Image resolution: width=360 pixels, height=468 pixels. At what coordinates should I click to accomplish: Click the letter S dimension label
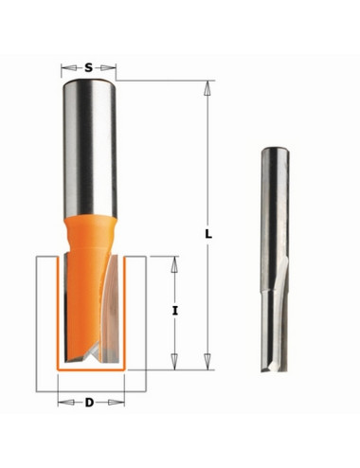tap(89, 67)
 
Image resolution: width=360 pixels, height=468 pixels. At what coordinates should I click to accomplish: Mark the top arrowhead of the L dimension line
tap(208, 86)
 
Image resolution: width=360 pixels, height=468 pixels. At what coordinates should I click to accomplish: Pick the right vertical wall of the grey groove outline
tap(145, 322)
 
